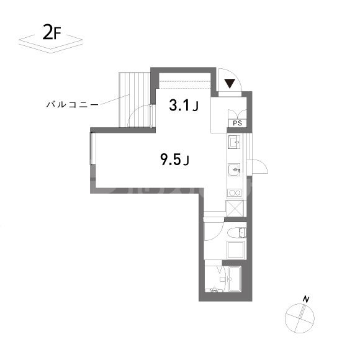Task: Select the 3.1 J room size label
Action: coord(184,106)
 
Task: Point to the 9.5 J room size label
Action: coord(174,160)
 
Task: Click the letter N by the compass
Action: coord(305,300)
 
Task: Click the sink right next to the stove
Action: coord(234,168)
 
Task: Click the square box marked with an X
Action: coord(235,208)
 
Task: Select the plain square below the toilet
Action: coord(237,251)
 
